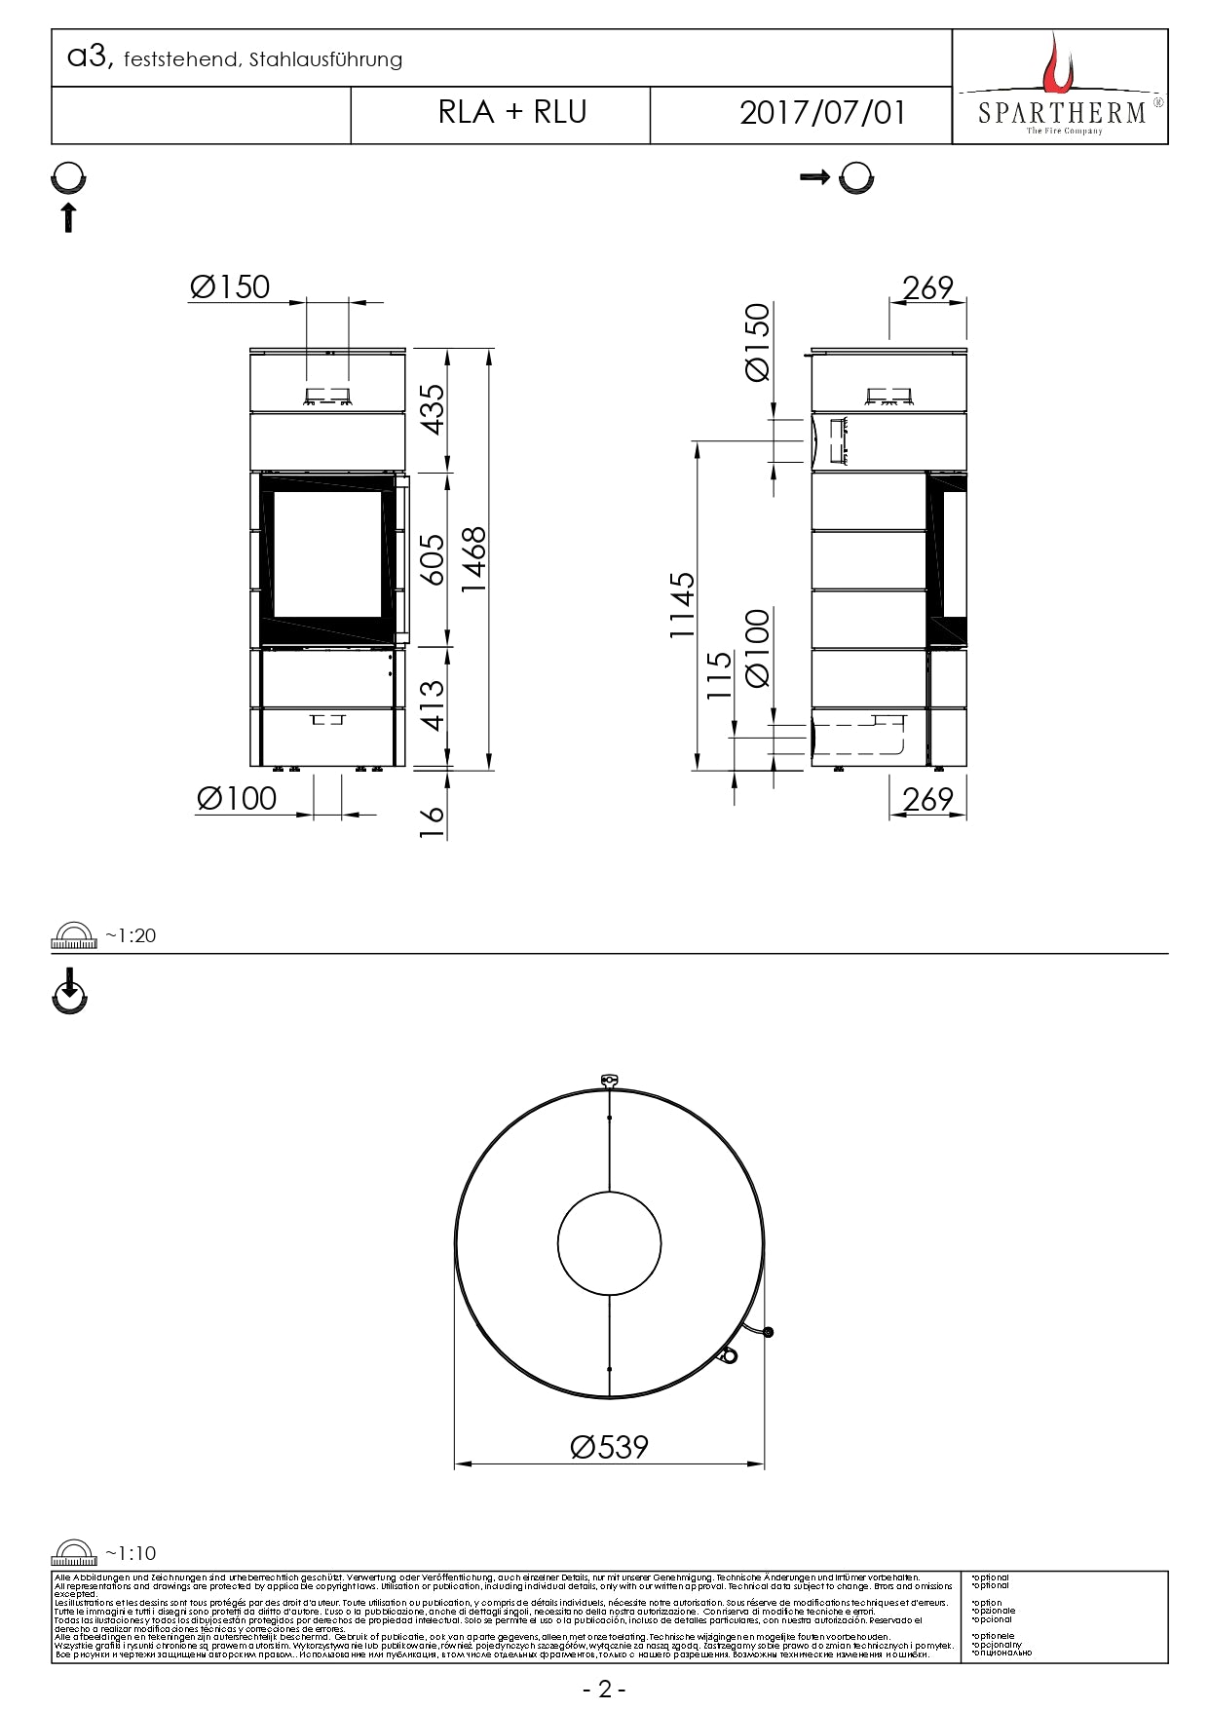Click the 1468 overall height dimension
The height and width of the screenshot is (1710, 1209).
point(474,559)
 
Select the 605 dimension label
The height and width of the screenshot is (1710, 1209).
point(432,559)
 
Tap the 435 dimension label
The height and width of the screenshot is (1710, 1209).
point(432,409)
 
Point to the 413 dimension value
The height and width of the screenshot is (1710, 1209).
point(432,705)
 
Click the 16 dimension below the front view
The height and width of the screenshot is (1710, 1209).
point(432,820)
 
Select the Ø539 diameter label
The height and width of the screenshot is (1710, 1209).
point(609,1447)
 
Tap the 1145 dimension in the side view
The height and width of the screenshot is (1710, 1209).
point(682,605)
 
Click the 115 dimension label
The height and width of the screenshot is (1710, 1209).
point(719,674)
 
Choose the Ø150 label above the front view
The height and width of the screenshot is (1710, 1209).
point(231,287)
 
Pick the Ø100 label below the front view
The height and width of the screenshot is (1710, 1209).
point(237,799)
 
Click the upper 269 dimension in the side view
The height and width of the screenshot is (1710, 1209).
point(927,288)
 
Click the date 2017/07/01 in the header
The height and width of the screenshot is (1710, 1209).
point(823,113)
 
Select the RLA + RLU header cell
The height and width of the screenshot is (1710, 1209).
point(512,113)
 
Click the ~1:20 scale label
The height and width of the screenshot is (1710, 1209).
point(131,935)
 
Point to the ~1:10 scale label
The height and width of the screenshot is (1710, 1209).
point(131,1553)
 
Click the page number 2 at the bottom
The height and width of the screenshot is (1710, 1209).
point(604,1690)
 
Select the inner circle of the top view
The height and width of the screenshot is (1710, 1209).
point(609,1244)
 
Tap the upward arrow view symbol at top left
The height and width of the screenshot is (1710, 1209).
point(68,217)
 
